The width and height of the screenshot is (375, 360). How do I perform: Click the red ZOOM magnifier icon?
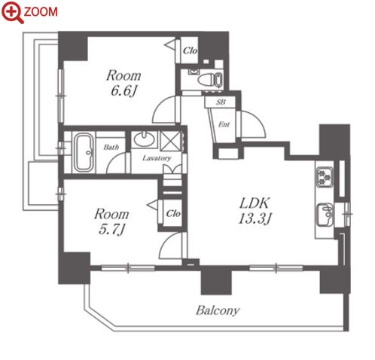click(x=13, y=11)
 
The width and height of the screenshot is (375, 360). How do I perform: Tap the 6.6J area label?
click(x=123, y=91)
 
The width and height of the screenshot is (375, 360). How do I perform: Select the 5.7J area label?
click(x=111, y=230)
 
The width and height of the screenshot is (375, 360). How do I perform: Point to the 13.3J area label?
click(x=255, y=218)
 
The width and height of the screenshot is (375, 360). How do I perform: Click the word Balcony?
click(x=218, y=311)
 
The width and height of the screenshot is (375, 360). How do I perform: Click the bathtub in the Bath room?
click(x=84, y=152)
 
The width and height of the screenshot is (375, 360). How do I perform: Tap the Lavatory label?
click(x=157, y=158)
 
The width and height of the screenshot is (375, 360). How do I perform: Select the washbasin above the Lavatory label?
click(x=144, y=139)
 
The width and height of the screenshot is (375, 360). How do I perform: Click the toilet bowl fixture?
click(x=206, y=80)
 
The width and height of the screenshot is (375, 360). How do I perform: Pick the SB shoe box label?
click(x=221, y=102)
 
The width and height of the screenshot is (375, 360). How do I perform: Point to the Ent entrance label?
click(x=224, y=124)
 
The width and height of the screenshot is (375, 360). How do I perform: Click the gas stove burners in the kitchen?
click(x=325, y=177)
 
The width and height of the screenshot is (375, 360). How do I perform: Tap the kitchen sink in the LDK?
click(x=325, y=215)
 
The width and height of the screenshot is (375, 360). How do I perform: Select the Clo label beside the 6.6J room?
click(x=190, y=50)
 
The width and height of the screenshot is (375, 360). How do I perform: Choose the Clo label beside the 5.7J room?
click(x=173, y=214)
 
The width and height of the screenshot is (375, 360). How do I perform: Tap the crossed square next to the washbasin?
click(x=170, y=142)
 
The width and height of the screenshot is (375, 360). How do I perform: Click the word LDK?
click(x=255, y=203)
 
